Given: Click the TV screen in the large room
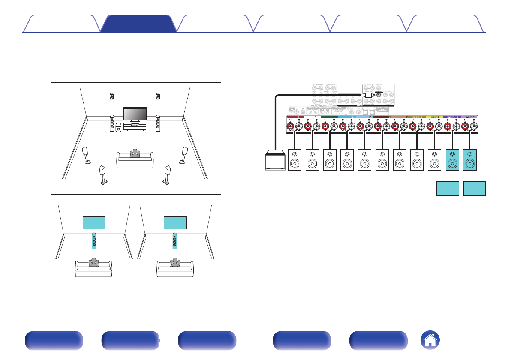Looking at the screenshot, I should [x=135, y=114].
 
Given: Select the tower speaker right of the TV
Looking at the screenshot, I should [x=158, y=123].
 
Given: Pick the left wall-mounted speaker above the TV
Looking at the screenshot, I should [x=112, y=96].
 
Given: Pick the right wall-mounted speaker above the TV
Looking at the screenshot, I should [x=158, y=96].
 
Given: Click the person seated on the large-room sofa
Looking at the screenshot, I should [x=135, y=155].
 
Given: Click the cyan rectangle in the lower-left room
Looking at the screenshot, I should [x=94, y=223].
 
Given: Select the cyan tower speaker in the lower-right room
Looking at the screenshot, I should [x=174, y=241].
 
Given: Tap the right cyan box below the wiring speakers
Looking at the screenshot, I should [x=475, y=188].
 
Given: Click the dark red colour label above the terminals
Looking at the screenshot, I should [x=295, y=117].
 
